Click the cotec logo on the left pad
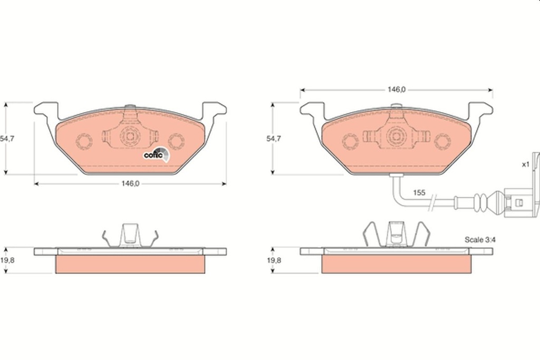[x=157, y=154]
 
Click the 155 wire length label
[x=419, y=193]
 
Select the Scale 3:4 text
[x=480, y=239]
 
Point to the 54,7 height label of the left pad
[x=6, y=139]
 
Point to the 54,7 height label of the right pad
[x=273, y=139]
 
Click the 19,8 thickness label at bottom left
[x=6, y=261]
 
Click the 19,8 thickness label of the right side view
[x=273, y=261]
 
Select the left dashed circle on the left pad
[x=84, y=141]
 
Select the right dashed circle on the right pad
[x=442, y=141]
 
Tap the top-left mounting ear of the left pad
[x=45, y=109]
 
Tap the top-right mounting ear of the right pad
[x=481, y=109]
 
